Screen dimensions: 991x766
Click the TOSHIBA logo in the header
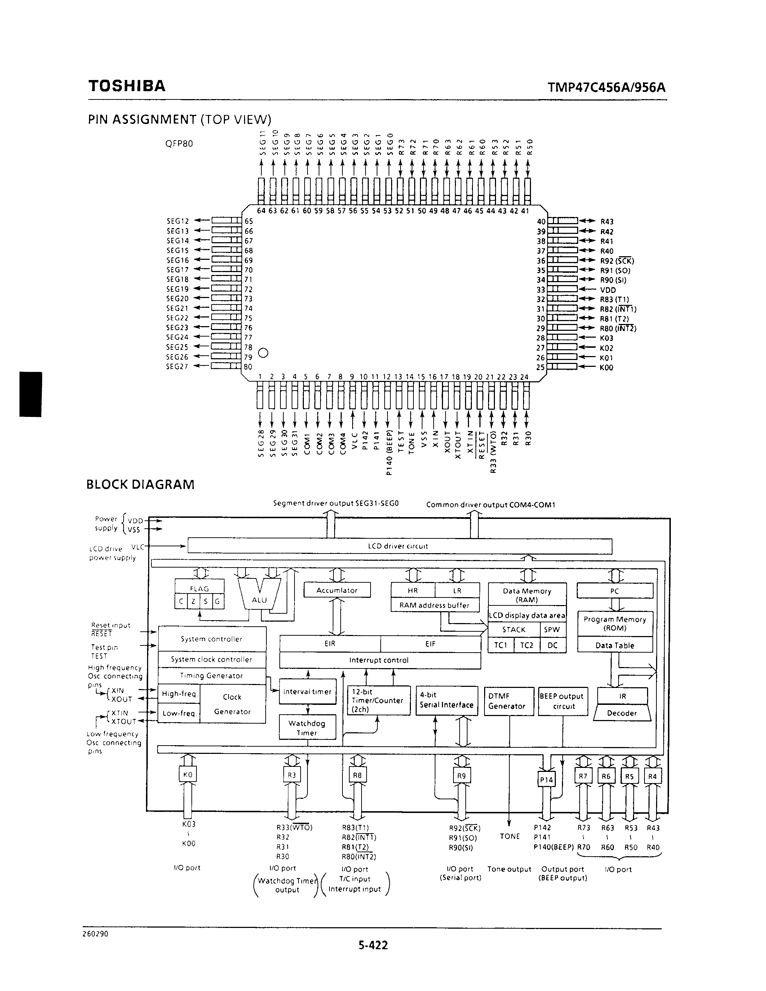click(127, 86)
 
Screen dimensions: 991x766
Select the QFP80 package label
click(179, 144)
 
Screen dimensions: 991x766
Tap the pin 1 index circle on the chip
click(263, 352)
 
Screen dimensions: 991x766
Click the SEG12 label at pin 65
click(177, 221)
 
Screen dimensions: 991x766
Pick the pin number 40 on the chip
click(541, 221)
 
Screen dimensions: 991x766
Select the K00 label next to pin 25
click(606, 368)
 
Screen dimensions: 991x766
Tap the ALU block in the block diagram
click(259, 600)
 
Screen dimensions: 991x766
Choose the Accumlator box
click(337, 590)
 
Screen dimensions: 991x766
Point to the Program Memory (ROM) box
click(615, 624)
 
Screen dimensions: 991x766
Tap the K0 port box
click(187, 774)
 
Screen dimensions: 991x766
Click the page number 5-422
click(373, 946)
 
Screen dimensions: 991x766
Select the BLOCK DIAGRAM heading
click(140, 485)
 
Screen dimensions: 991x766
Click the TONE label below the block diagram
click(509, 836)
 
